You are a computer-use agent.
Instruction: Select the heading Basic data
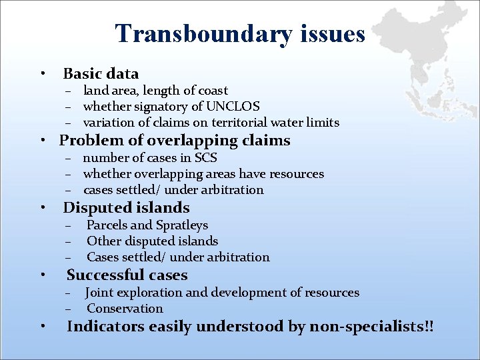pyautogui.click(x=101, y=73)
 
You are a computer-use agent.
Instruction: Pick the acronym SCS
pyautogui.click(x=205, y=158)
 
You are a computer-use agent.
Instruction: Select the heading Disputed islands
pyautogui.click(x=126, y=208)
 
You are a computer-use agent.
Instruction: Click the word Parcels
pyautogui.click(x=109, y=225)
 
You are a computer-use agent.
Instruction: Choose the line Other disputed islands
pyautogui.click(x=152, y=241)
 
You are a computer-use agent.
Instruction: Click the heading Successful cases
pyautogui.click(x=127, y=275)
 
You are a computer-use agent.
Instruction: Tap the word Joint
pyautogui.click(x=99, y=293)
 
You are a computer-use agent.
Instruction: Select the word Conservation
pyautogui.click(x=125, y=309)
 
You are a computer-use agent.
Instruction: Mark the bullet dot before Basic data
pyautogui.click(x=42, y=73)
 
